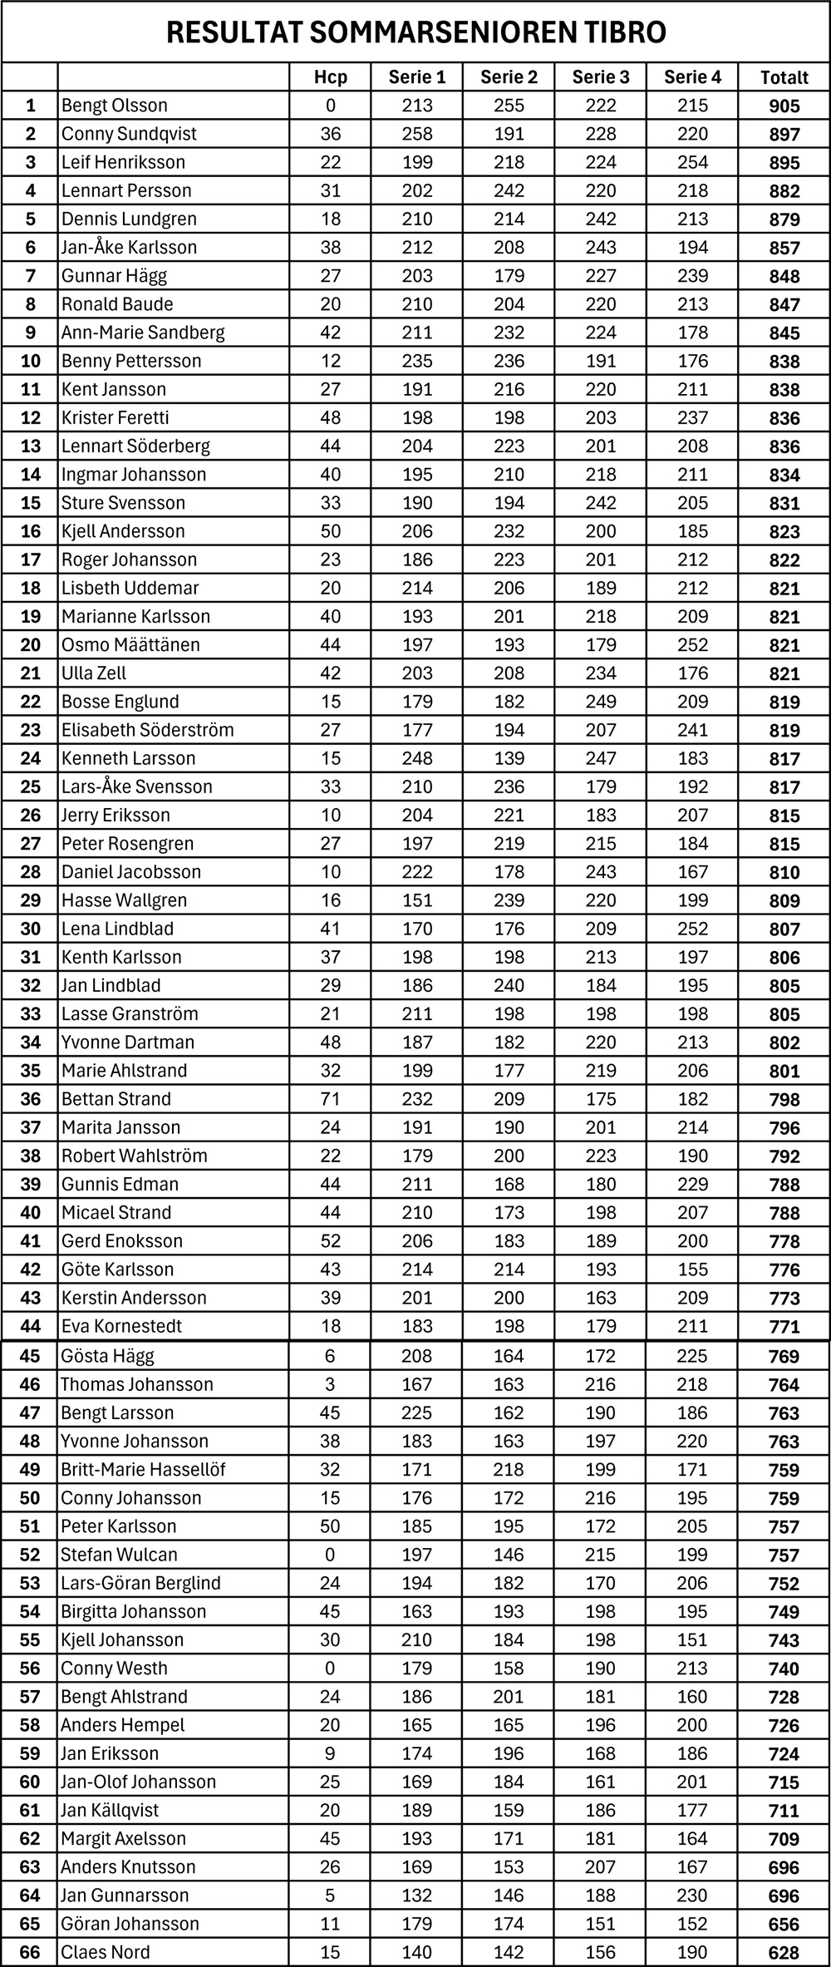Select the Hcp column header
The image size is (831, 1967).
pos(330,77)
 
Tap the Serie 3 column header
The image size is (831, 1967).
pos(601,77)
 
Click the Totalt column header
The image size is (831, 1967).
pos(784,77)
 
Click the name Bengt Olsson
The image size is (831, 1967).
pos(115,106)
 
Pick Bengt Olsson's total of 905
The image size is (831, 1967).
pos(784,106)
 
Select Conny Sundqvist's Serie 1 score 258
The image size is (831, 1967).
pos(417,134)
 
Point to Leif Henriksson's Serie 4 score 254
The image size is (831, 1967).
pos(692,162)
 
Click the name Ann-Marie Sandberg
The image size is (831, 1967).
pos(143,333)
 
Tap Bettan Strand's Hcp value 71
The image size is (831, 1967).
pos(330,1099)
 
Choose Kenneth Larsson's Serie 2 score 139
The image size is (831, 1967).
pos(509,758)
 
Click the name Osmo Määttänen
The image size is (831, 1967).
pos(130,644)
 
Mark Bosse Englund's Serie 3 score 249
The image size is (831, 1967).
pos(601,702)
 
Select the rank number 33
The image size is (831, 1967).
pos(30,1014)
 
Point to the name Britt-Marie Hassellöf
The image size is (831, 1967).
pos(143,1469)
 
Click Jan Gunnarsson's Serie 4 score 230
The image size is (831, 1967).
pos(692,1896)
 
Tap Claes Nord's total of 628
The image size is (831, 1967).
pos(784,1952)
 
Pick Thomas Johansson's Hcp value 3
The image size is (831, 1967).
pos(330,1384)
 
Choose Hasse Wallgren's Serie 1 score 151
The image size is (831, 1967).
pos(417,900)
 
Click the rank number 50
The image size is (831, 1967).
pos(30,1497)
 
